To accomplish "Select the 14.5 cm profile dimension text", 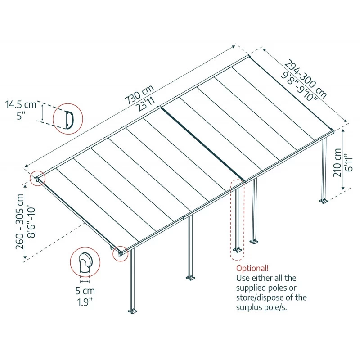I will pyautogui.click(x=21, y=105).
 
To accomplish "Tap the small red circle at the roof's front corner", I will pyautogui.click(x=120, y=253).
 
